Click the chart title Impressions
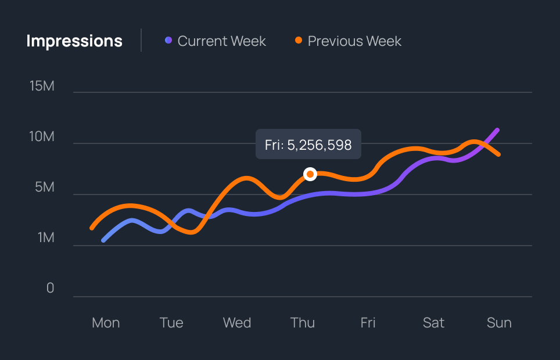74,41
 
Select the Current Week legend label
221,41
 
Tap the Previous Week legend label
354,41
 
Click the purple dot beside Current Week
168,41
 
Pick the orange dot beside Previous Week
299,41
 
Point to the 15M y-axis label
42,86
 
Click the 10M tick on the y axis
42,137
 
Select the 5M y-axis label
44,188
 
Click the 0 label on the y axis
50,289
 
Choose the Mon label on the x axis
106,323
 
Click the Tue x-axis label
171,323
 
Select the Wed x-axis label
237,323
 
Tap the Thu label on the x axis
303,323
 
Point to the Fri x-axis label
368,323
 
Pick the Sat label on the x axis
433,323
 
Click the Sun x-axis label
499,323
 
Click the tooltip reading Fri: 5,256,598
308,145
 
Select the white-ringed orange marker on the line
310,174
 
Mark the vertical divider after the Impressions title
141,41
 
